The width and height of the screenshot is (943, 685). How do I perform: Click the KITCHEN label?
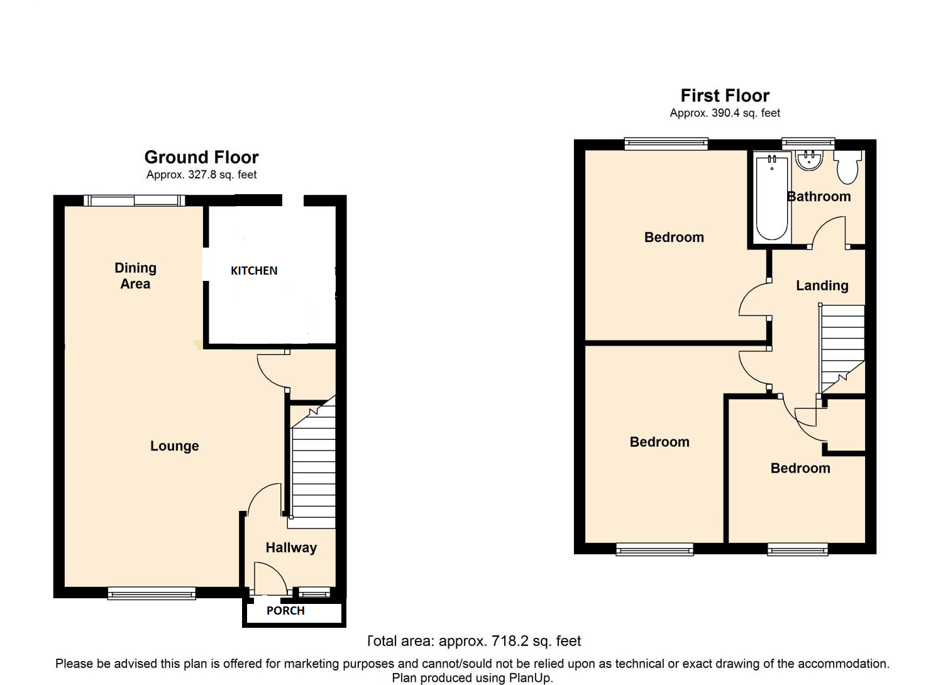[x=253, y=271]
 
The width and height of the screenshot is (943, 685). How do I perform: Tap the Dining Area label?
[x=135, y=276]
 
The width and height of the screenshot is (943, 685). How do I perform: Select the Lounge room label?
[x=174, y=446]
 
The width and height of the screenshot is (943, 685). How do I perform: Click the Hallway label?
[x=291, y=548]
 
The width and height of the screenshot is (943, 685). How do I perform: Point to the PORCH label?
[x=285, y=611]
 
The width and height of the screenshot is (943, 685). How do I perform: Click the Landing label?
[x=822, y=286]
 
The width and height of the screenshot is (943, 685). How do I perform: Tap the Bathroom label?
[x=819, y=197]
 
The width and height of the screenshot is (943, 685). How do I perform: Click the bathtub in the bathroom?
[x=771, y=198]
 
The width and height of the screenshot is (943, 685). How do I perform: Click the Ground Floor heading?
[x=201, y=157]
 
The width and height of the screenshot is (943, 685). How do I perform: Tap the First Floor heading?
[x=725, y=96]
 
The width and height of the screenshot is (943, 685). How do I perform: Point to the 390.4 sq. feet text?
[x=746, y=113]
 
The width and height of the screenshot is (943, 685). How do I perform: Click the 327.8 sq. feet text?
[x=222, y=175]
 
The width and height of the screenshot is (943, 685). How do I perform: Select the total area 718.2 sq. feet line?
[x=474, y=641]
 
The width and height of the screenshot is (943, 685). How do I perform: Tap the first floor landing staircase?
[x=842, y=346]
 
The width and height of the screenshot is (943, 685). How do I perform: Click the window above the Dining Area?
[x=134, y=200]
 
